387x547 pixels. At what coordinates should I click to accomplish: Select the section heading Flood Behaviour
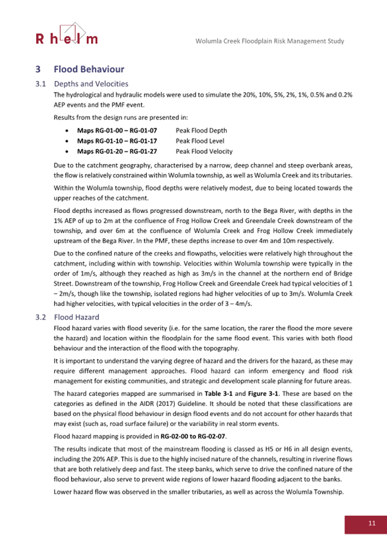89,69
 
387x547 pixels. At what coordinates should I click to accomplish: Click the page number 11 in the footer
372,523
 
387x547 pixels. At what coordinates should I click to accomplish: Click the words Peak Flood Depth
201,130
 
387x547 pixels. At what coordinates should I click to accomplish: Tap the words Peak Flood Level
200,141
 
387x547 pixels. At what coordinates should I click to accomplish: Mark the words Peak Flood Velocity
204,152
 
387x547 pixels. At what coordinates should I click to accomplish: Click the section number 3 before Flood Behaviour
37,69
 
